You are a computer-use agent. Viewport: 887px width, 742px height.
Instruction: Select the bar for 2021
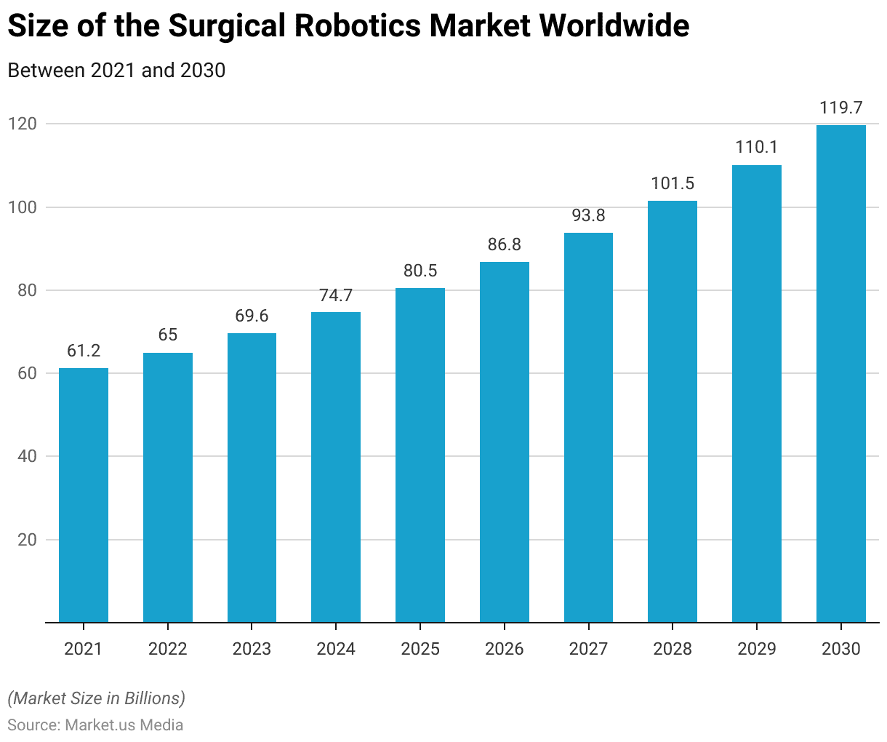(84, 495)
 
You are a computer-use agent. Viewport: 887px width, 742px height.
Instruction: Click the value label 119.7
(840, 108)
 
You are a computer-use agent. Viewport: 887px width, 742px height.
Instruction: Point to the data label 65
(168, 335)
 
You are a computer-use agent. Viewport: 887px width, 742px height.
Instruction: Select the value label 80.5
(420, 271)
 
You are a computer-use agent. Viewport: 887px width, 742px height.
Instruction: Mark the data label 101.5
(673, 183)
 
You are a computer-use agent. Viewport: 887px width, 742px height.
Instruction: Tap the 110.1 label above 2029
(757, 148)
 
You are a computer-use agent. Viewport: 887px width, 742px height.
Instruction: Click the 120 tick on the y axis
(23, 124)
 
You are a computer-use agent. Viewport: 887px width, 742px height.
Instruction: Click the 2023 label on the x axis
(252, 649)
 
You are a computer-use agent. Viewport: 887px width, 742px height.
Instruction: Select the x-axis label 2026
(504, 649)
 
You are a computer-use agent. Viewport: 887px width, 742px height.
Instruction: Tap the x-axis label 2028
(673, 649)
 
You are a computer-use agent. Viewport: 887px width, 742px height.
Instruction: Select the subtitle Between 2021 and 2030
(116, 71)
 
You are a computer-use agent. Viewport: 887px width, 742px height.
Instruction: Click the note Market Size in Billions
(97, 698)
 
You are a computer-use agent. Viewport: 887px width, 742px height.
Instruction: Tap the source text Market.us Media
(124, 725)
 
